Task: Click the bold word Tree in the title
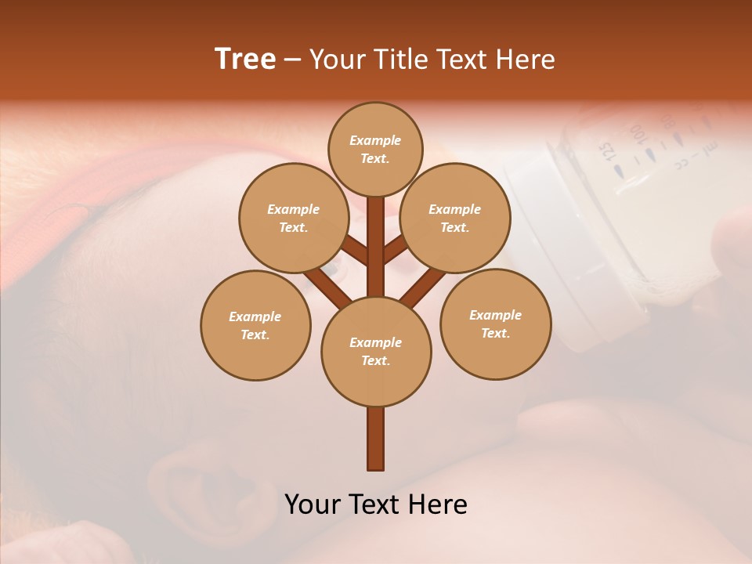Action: [x=245, y=60]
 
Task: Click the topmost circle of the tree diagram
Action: [x=375, y=149]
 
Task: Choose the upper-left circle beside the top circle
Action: [x=293, y=218]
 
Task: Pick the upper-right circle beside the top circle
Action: [x=454, y=218]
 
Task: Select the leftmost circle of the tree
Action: [x=255, y=325]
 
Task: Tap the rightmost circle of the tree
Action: [x=495, y=324]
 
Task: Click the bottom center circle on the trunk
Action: [x=376, y=351]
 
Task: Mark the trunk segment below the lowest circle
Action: [x=376, y=439]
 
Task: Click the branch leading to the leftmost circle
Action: [x=327, y=285]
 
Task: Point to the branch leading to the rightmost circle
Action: [x=423, y=286]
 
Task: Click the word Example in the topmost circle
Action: [x=375, y=140]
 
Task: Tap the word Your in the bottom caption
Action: [x=313, y=504]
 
